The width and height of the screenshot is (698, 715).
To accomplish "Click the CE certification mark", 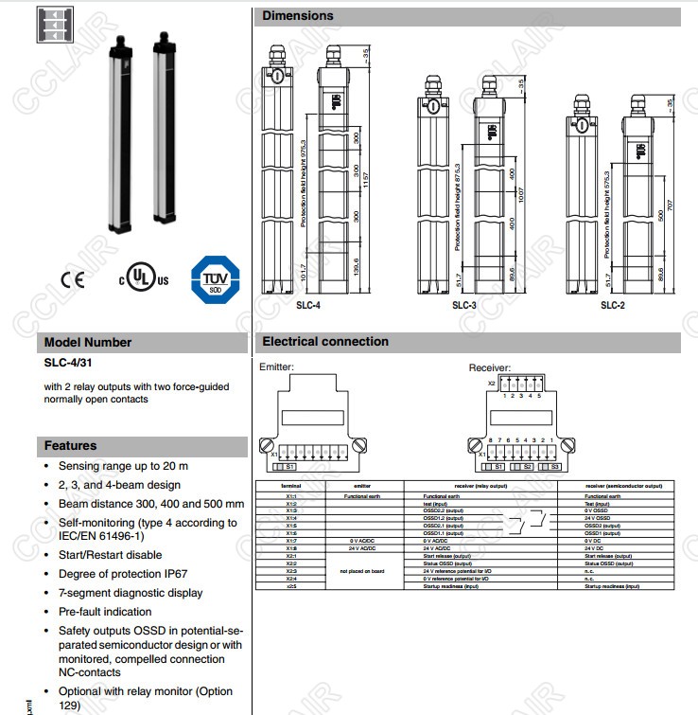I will pyautogui.click(x=73, y=279).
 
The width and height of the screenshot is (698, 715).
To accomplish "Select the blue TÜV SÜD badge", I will pyautogui.click(x=215, y=279).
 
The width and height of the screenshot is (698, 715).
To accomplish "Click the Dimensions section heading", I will pyautogui.click(x=298, y=16).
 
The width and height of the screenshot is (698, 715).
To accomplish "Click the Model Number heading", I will pyautogui.click(x=88, y=342).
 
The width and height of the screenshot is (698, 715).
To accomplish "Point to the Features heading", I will pyautogui.click(x=71, y=445).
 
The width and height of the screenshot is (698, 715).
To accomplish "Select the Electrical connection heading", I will pyautogui.click(x=325, y=342).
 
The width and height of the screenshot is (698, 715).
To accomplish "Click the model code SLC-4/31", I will pyautogui.click(x=68, y=363).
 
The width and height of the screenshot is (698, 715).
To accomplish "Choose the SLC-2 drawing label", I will pyautogui.click(x=612, y=305).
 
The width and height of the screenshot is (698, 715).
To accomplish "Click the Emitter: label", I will pyautogui.click(x=277, y=367).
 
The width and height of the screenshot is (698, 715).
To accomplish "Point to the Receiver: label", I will pyautogui.click(x=490, y=367).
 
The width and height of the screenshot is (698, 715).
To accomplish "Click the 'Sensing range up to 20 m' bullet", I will pyautogui.click(x=123, y=466).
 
